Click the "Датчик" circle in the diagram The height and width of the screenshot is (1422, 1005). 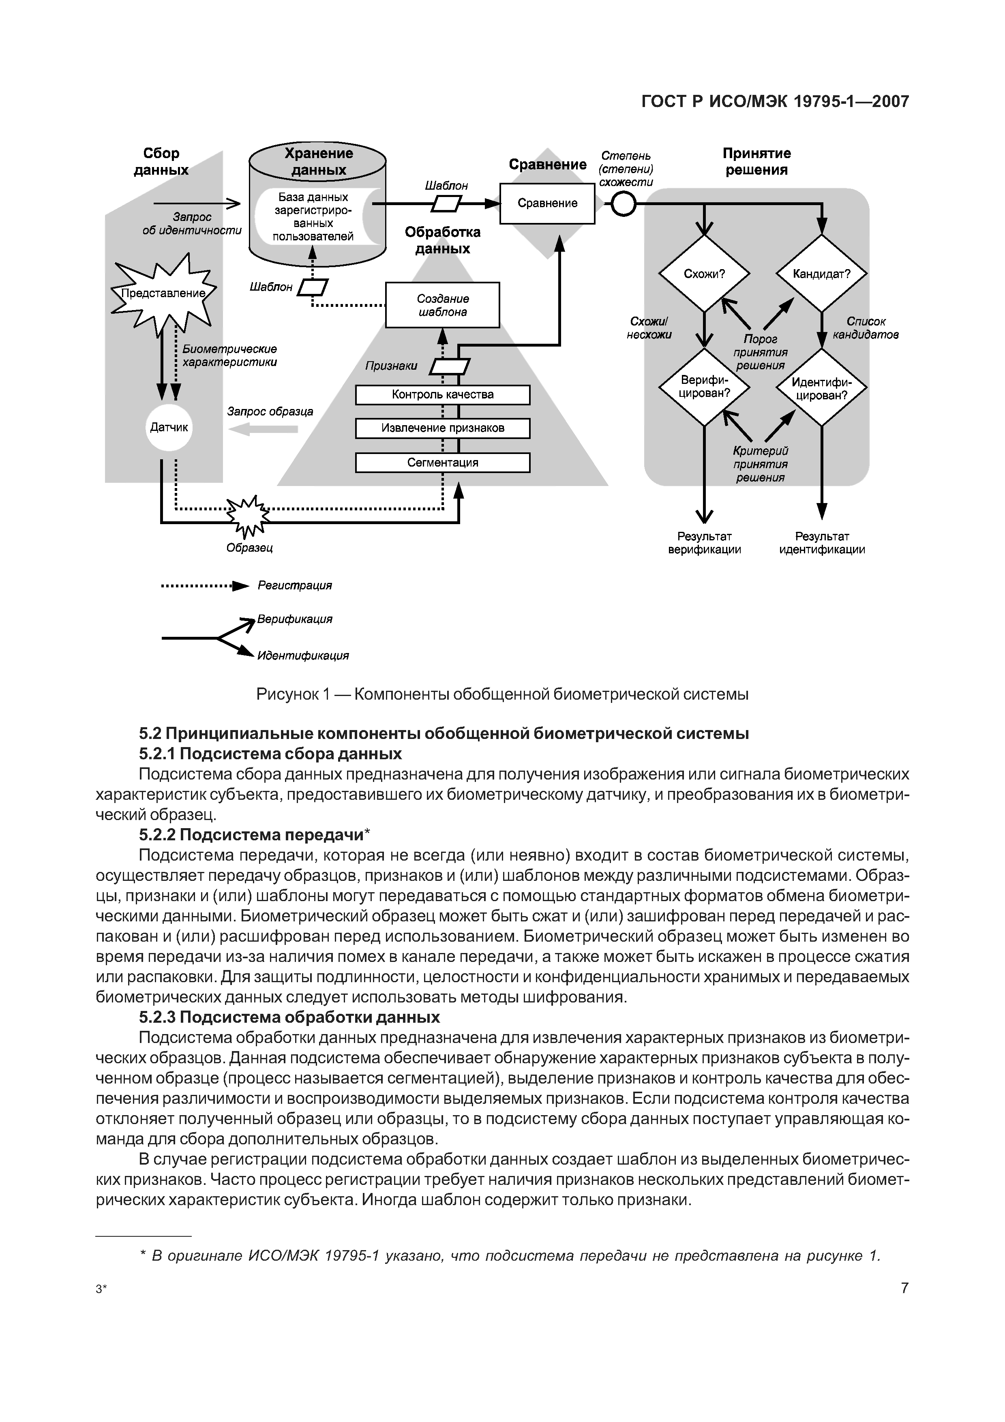tap(169, 427)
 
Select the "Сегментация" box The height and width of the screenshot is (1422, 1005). tap(442, 463)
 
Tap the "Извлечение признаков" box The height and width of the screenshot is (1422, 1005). tap(442, 428)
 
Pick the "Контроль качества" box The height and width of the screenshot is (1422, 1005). tap(442, 394)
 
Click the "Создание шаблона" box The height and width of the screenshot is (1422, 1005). tap(442, 305)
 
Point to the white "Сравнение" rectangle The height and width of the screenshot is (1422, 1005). tap(547, 203)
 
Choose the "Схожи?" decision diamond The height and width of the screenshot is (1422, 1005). tap(704, 273)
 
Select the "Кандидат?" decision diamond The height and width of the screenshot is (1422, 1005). tap(822, 273)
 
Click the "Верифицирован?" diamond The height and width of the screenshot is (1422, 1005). tap(704, 387)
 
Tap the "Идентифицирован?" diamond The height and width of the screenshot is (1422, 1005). tap(822, 387)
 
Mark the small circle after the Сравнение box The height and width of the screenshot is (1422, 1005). tap(624, 203)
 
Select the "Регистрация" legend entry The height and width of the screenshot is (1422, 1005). tap(294, 586)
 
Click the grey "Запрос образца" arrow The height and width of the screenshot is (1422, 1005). tap(268, 428)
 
